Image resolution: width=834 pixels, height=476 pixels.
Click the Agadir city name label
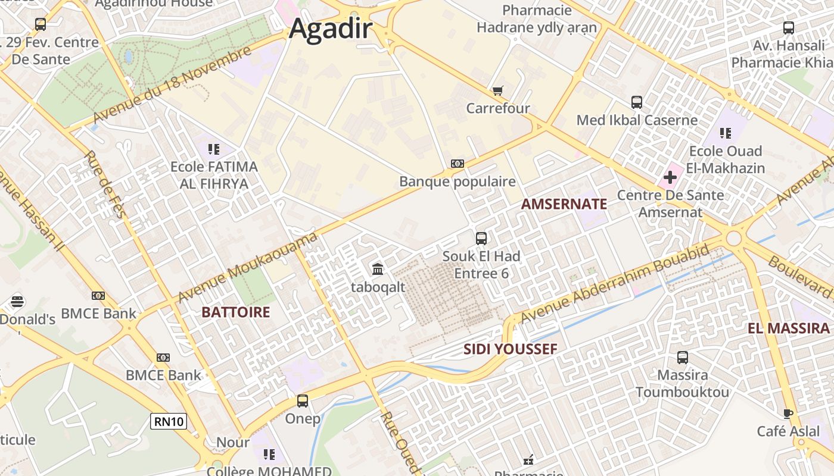[x=331, y=29]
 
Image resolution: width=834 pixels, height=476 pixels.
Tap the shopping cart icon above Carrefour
[x=497, y=91]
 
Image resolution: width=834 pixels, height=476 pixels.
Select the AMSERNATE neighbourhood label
[x=564, y=204]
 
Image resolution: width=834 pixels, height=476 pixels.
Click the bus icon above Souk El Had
[x=481, y=239]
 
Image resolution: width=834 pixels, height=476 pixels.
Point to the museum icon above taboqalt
[x=378, y=270]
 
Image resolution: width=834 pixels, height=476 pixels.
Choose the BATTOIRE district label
[x=235, y=312]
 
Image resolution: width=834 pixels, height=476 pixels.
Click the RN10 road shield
[x=169, y=422]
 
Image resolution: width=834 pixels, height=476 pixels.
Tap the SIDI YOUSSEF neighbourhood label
[x=511, y=349]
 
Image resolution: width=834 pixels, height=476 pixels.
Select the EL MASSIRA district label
[x=789, y=328]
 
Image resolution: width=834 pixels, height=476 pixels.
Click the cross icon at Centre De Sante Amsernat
[x=670, y=177]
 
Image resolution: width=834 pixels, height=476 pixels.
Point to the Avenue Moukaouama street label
[x=247, y=267]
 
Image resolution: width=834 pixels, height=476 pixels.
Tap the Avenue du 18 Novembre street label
[x=173, y=86]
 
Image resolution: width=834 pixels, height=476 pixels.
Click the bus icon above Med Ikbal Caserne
[x=637, y=102]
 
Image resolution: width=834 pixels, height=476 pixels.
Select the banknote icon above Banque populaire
[x=457, y=164]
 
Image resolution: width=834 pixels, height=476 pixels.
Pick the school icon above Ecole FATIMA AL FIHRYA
[x=214, y=149]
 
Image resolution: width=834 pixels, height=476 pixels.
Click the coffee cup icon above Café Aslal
[x=788, y=414]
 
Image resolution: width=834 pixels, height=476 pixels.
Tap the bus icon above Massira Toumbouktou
[x=683, y=358]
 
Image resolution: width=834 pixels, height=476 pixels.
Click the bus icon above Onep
[x=303, y=401]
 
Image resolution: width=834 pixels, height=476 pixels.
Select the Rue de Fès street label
[x=105, y=184]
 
